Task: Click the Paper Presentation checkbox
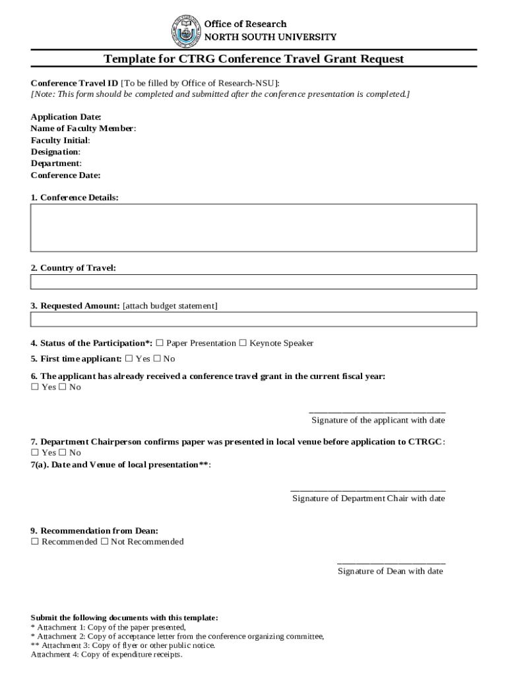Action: pos(160,343)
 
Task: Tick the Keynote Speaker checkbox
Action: pos(243,343)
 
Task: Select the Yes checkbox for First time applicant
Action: pos(129,359)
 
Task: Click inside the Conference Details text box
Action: pos(253,227)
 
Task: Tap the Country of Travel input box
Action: pos(253,282)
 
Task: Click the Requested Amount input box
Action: pos(253,320)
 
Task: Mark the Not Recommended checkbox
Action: pos(104,542)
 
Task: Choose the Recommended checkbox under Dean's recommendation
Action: pos(35,542)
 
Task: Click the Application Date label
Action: pos(66,117)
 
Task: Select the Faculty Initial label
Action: pos(60,140)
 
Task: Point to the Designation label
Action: pos(55,152)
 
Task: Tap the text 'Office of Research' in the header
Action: pos(245,24)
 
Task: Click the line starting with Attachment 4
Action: pos(106,655)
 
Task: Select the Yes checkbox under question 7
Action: pos(35,453)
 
